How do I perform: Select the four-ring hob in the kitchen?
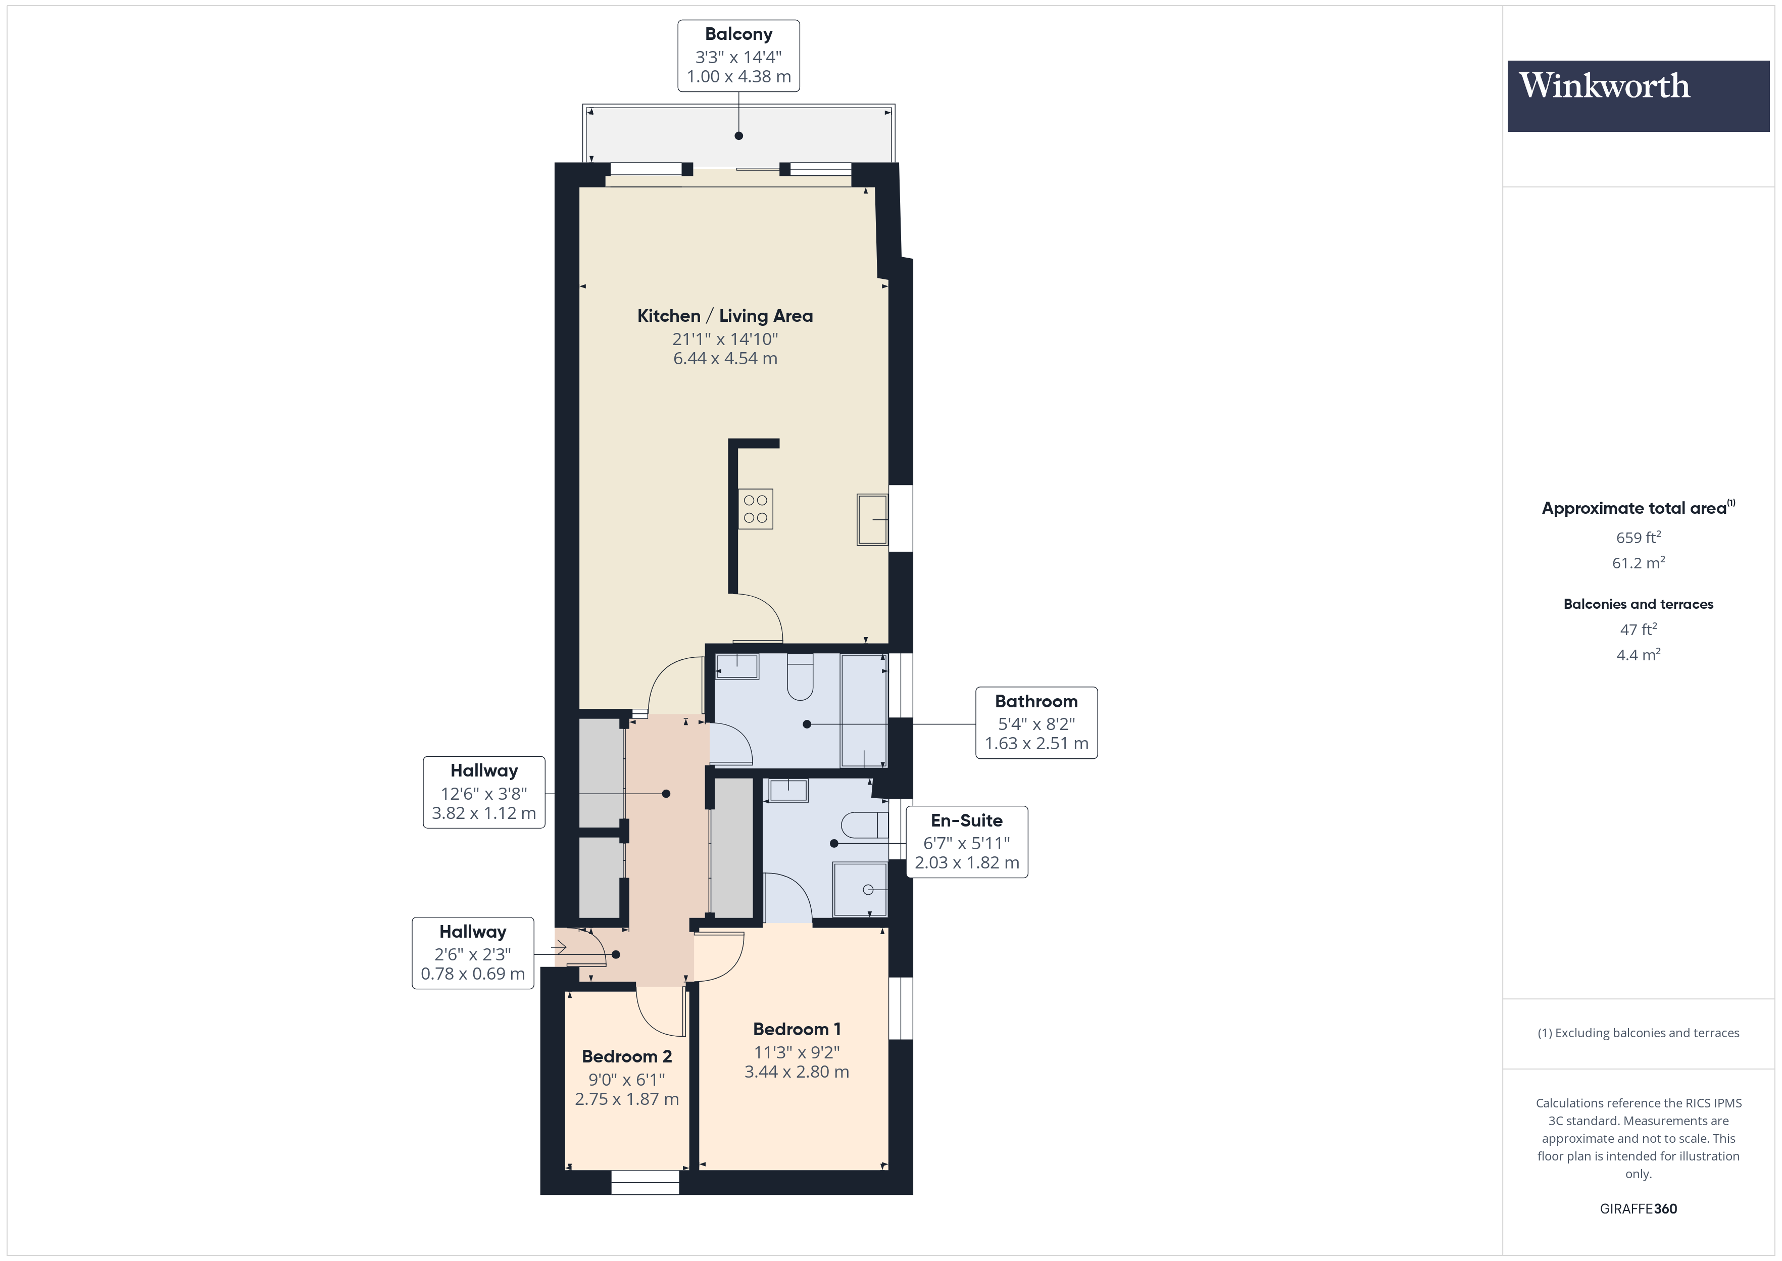tap(755, 509)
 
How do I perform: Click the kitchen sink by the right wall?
tap(872, 519)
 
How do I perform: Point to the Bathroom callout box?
tap(1035, 722)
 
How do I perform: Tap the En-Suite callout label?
tap(966, 842)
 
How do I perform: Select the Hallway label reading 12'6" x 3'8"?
tap(483, 792)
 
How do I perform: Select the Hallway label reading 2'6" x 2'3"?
tap(473, 953)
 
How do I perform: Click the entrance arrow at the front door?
tap(559, 947)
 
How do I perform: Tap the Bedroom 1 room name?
tap(797, 1029)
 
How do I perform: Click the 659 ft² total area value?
tap(1638, 538)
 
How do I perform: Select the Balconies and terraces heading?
tap(1638, 604)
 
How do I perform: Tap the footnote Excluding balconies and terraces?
tap(1638, 1033)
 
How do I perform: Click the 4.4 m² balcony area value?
tap(1638, 655)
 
